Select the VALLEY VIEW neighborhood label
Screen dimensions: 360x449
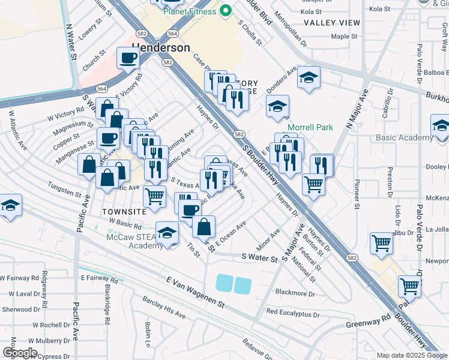(x=332, y=23)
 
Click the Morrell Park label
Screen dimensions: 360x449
(x=309, y=127)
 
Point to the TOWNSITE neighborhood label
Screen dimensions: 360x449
(x=124, y=212)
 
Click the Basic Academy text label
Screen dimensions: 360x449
(x=404, y=137)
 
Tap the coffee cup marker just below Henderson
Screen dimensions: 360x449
(x=128, y=59)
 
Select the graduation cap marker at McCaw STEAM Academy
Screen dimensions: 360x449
(x=167, y=233)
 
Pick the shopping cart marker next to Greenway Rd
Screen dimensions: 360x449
(x=409, y=286)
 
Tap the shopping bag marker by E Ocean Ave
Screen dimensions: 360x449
(x=204, y=227)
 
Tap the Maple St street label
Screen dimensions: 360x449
(x=344, y=37)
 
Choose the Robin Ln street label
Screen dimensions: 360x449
(x=148, y=329)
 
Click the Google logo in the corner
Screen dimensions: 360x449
(x=20, y=353)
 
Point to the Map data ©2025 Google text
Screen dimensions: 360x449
(x=411, y=355)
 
